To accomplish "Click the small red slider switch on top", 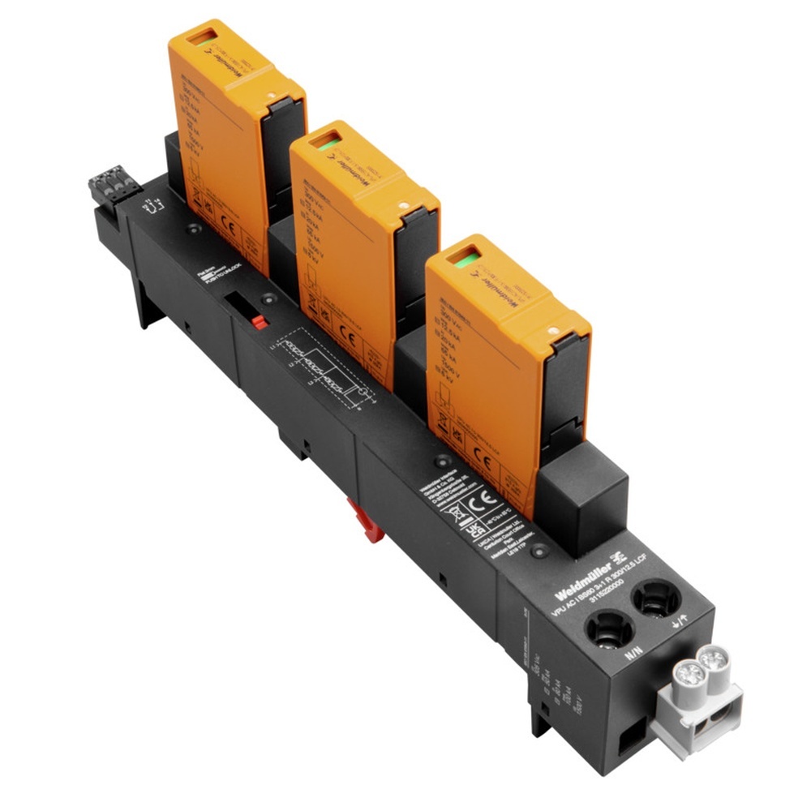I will tap(259, 322).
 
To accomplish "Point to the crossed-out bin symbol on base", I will tap(457, 512).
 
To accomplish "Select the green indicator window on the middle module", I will tap(326, 144).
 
